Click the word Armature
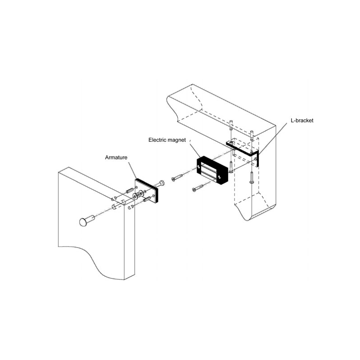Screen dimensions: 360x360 pos(117,158)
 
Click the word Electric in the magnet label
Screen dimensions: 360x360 pos(158,140)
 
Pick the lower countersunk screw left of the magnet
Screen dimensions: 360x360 pos(198,187)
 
